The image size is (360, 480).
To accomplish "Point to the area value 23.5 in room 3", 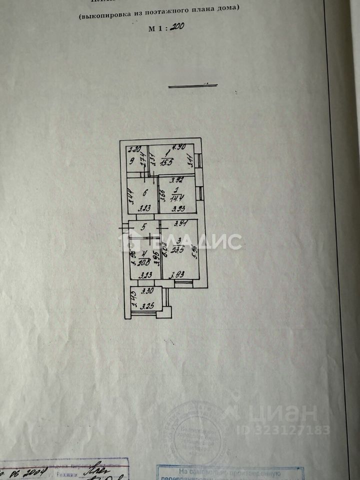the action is pos(177,250).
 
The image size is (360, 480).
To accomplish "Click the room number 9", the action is pos(131,161).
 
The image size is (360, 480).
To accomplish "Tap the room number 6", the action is pos(144,192).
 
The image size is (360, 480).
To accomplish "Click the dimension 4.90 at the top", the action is pos(178,147).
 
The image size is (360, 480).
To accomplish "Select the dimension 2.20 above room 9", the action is pos(133,148).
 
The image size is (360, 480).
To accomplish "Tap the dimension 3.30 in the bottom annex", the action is pos(146,290).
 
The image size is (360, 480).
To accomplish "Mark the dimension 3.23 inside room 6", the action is pos(144,209).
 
